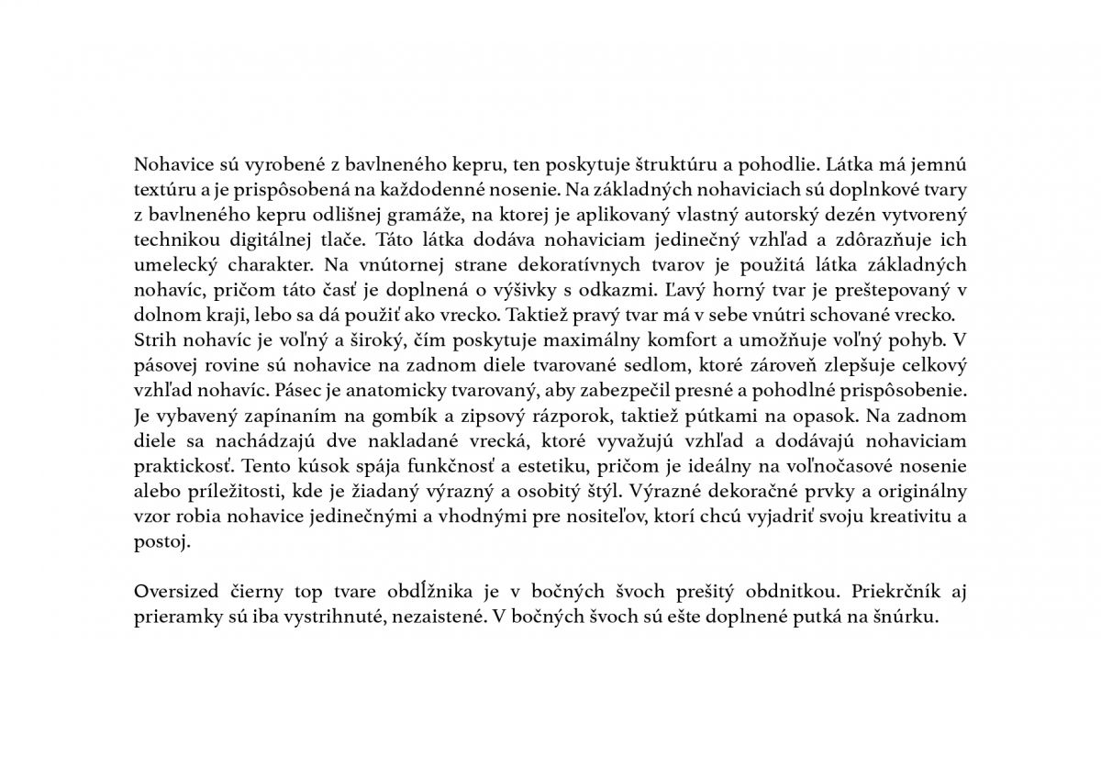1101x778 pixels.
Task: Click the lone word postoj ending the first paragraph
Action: pos(161,540)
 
